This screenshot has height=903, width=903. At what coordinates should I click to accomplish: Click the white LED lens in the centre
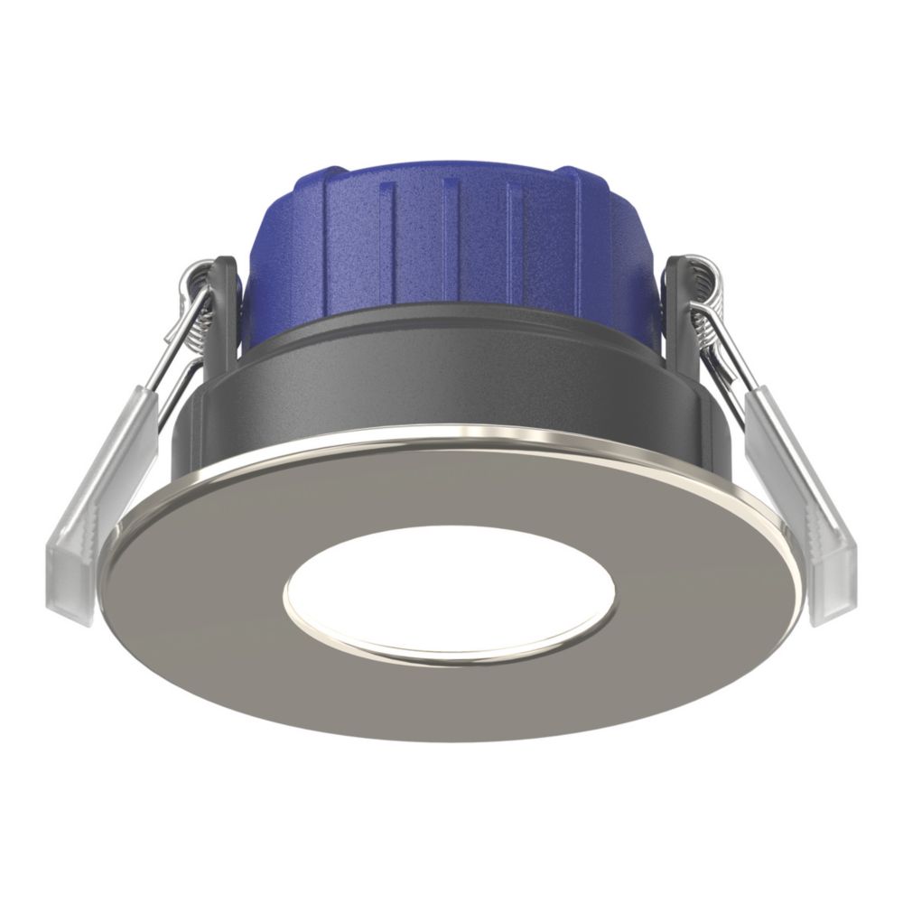tap(449, 591)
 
